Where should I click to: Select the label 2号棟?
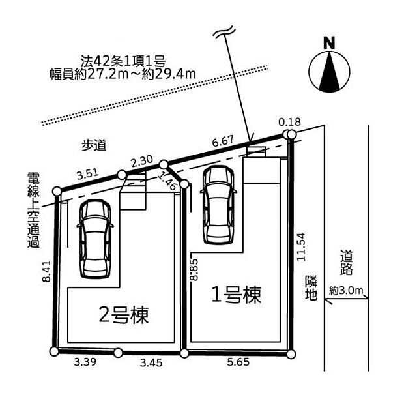123,316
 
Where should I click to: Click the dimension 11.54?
300,248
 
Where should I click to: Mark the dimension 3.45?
151,363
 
